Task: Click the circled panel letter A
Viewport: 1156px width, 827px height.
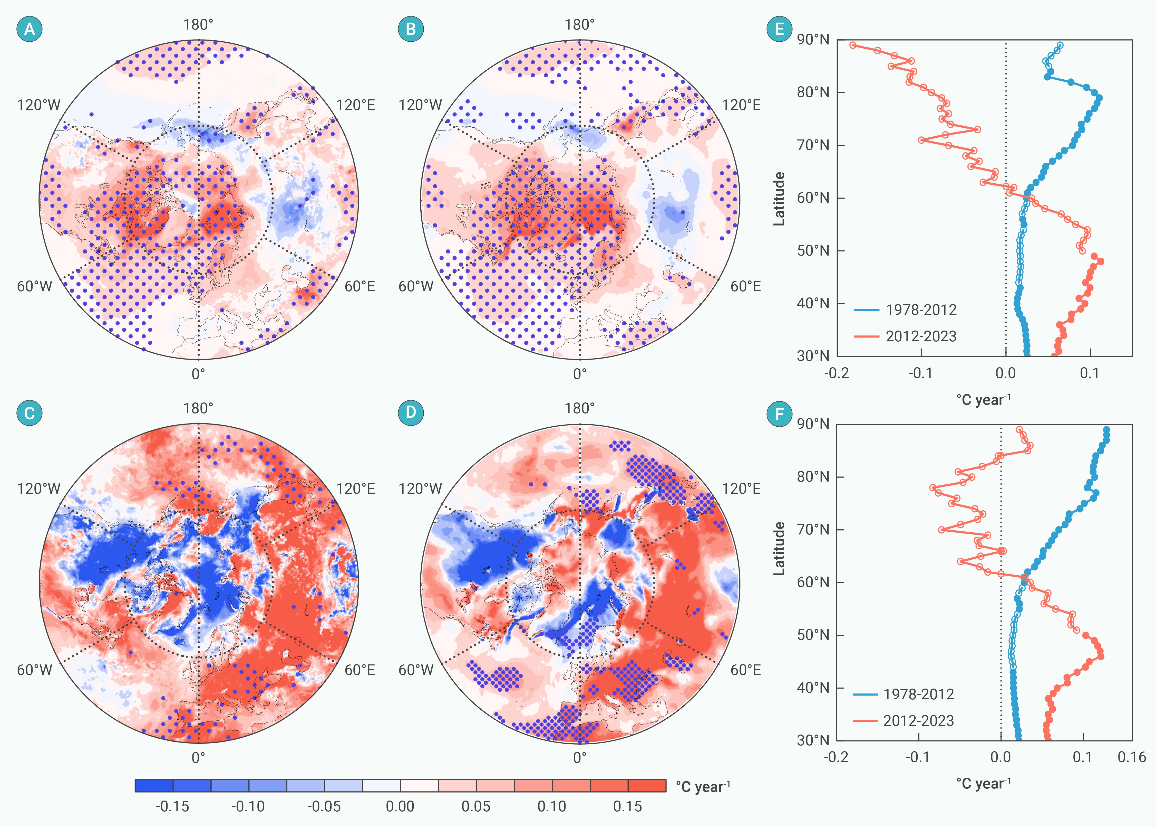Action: [30, 29]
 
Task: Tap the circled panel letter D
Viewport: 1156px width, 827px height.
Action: [411, 412]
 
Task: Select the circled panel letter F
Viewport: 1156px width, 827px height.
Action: [780, 414]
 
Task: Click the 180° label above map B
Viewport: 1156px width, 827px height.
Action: [579, 24]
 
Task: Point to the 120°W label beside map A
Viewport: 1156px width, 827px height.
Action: [39, 105]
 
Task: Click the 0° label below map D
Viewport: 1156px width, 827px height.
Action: [579, 758]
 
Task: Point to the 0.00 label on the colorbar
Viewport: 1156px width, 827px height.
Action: [400, 806]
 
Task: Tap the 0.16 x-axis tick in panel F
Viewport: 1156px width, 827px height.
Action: [1132, 757]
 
